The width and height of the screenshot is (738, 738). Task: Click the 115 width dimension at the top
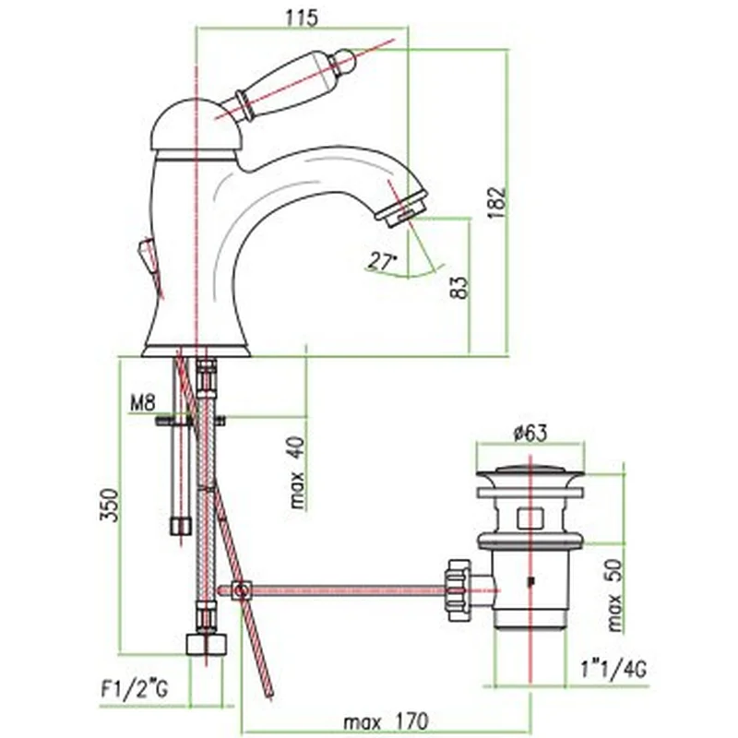(302, 18)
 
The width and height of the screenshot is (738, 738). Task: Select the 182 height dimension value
(496, 202)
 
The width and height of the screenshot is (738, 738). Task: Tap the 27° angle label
(382, 261)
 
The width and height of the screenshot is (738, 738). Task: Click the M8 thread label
(142, 403)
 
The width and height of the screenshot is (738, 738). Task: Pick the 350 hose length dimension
(109, 505)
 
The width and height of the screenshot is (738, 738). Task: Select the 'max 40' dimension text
(297, 472)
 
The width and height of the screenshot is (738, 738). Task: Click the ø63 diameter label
(530, 433)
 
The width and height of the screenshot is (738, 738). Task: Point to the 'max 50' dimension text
(614, 595)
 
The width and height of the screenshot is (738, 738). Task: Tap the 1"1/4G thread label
(613, 669)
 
